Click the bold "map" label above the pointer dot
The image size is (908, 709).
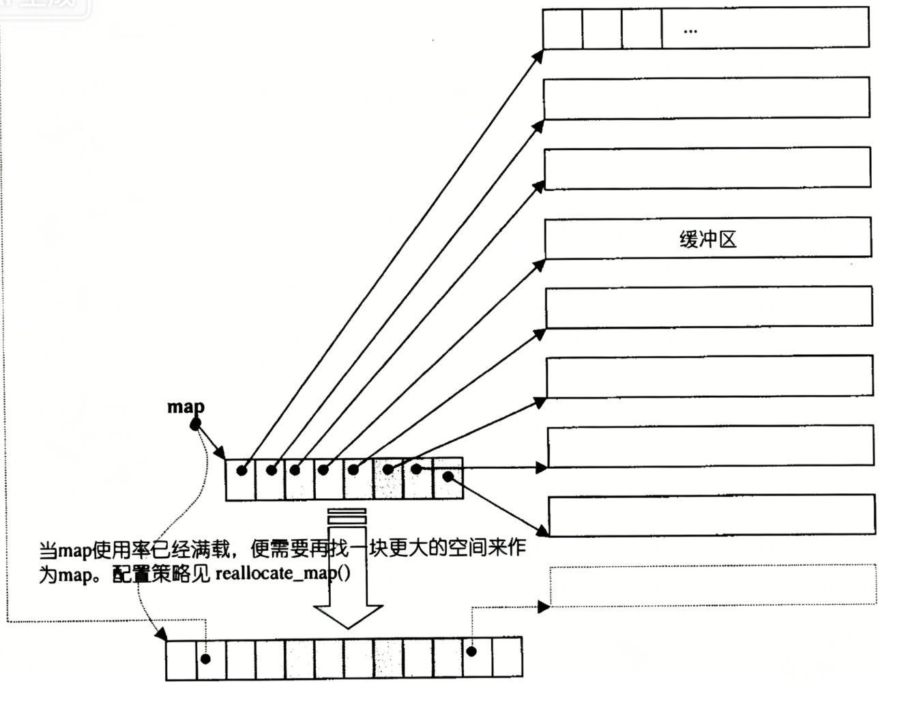(185, 407)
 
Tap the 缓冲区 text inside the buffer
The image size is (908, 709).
(708, 239)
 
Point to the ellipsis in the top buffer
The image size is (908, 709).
(690, 31)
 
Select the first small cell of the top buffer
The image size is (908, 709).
(563, 29)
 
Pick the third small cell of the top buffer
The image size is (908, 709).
(641, 29)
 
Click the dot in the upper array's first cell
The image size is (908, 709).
(241, 471)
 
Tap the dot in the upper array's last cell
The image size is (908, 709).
(448, 476)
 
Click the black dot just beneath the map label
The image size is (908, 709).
(195, 424)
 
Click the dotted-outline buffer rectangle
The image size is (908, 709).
(712, 585)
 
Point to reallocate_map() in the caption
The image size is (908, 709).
(283, 573)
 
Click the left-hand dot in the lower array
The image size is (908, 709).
(205, 659)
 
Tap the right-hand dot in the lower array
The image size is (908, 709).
(471, 651)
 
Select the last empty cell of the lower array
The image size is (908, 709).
(507, 658)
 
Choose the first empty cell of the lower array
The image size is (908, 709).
(181, 660)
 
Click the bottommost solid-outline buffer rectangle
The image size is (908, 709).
(712, 515)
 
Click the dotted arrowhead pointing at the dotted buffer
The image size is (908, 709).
(544, 606)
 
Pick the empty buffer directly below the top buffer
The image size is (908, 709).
(706, 98)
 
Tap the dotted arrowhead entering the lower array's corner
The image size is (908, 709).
(162, 635)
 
